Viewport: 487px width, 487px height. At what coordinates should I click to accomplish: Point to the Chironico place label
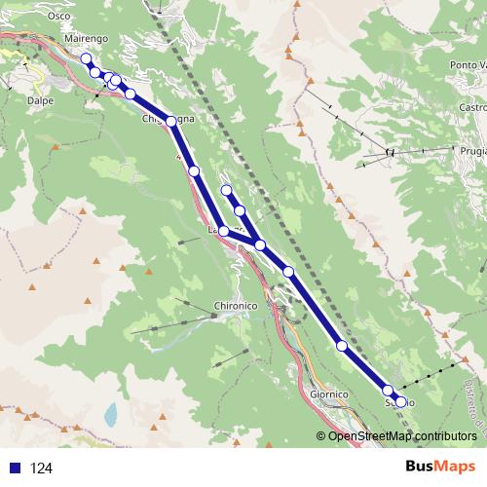[234, 306]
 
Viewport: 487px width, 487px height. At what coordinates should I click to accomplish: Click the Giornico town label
[329, 393]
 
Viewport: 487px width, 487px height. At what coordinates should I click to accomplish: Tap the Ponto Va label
[468, 64]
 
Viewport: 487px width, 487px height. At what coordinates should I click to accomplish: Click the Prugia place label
[472, 152]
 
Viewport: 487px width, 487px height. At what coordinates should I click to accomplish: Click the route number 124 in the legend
[41, 468]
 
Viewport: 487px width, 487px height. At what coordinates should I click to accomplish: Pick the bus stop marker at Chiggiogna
[171, 121]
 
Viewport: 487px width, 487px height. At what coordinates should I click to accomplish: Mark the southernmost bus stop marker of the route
[400, 401]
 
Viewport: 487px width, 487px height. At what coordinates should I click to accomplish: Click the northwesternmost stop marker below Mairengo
[86, 58]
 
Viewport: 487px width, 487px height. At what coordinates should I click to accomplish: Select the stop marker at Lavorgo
[224, 231]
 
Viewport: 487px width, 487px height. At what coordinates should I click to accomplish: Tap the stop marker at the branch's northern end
[226, 190]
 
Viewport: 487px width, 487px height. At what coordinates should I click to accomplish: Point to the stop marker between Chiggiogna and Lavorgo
[194, 171]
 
